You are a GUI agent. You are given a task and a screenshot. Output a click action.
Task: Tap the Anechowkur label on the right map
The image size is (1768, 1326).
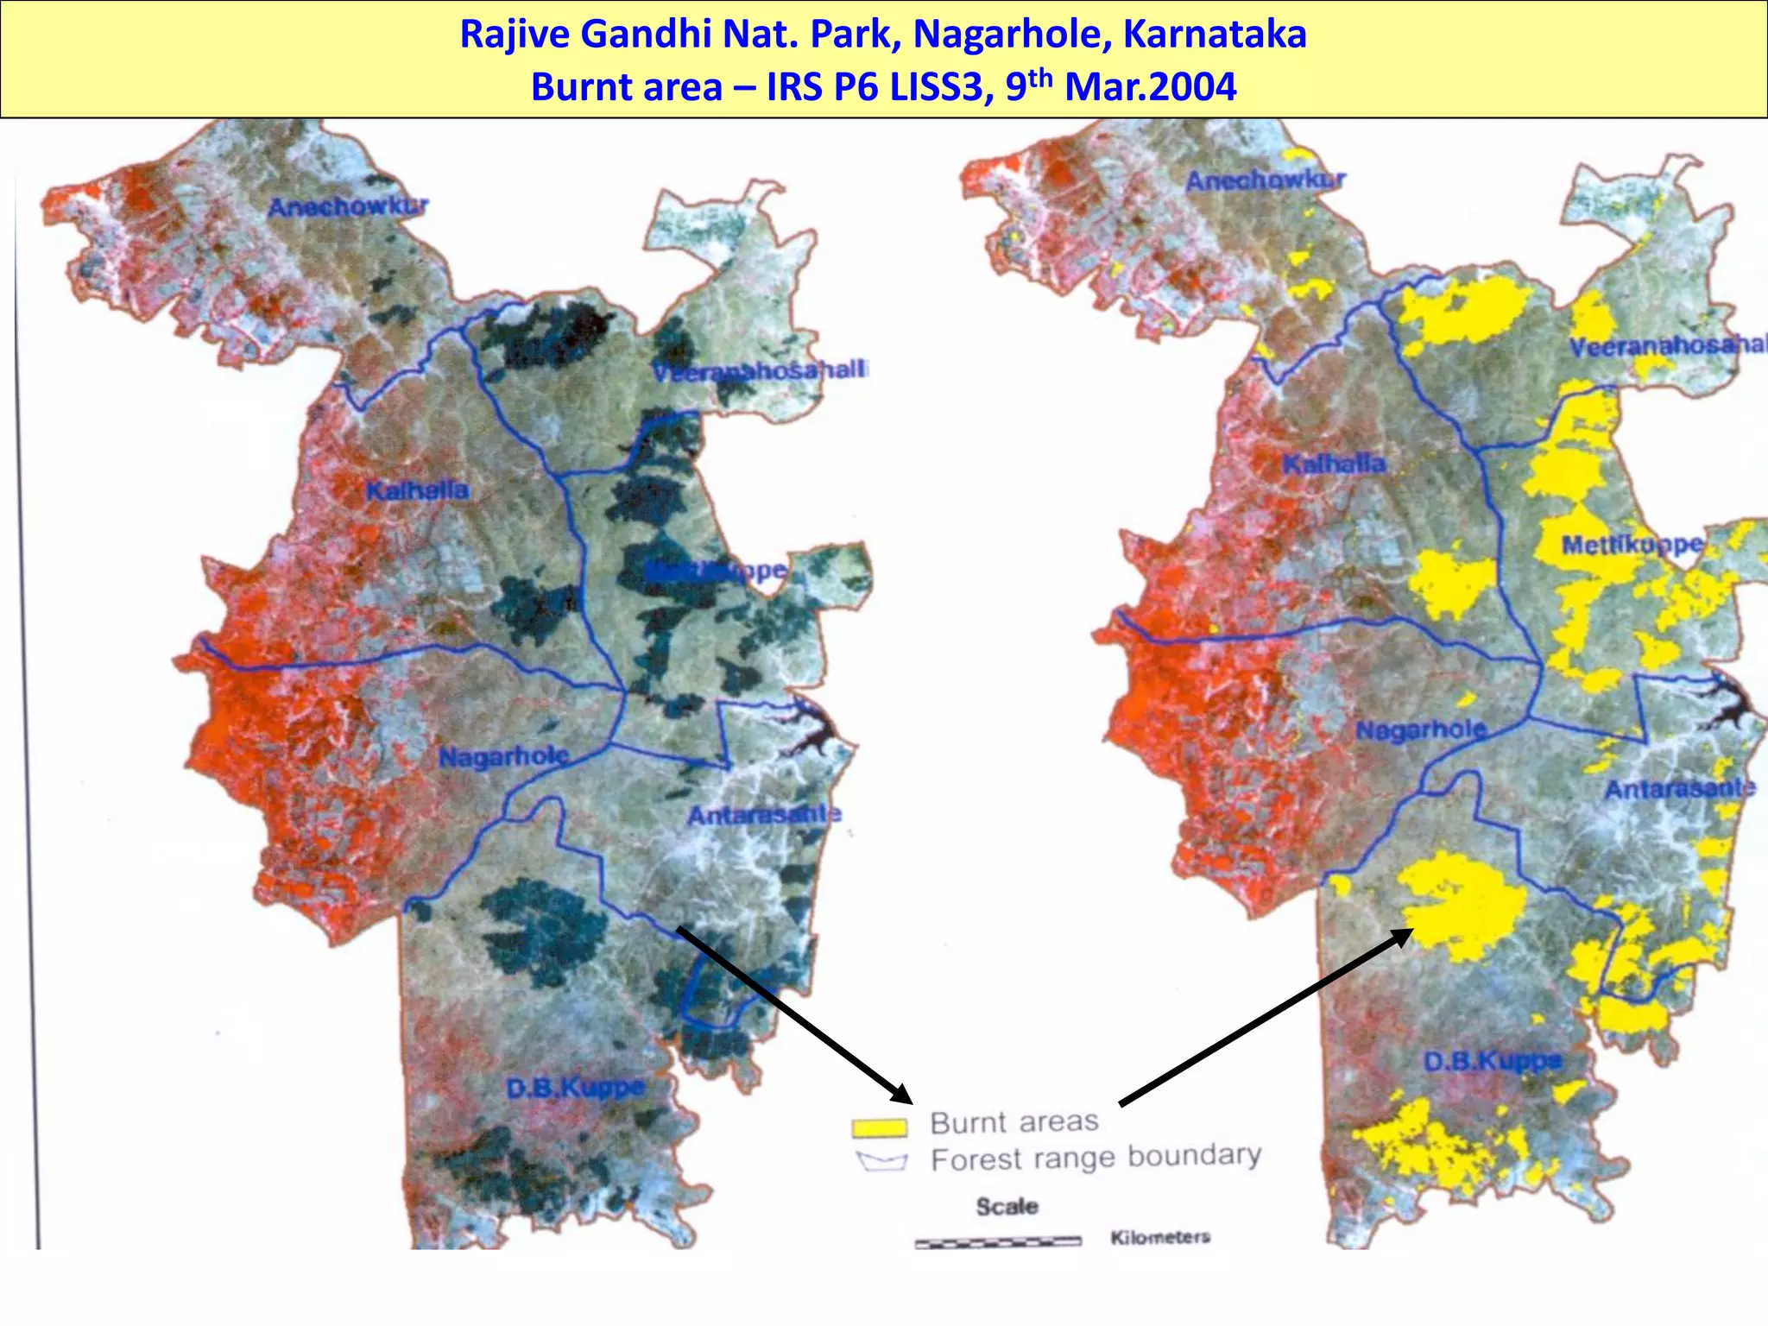(x=1266, y=180)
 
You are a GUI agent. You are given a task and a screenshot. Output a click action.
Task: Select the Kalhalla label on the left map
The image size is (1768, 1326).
(x=417, y=490)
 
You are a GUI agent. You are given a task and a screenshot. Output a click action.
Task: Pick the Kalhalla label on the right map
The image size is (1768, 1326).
(x=1334, y=464)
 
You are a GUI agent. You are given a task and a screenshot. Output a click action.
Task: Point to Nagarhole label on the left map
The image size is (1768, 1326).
(x=504, y=757)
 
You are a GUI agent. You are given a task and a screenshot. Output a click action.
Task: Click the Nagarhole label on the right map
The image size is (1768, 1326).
(x=1421, y=730)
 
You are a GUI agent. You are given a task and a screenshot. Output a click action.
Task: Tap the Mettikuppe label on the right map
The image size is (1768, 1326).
(x=1632, y=545)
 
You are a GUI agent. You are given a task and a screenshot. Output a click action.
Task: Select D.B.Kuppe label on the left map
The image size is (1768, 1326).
(x=575, y=1088)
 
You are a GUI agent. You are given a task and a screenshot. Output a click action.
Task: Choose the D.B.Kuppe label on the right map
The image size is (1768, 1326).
(x=1493, y=1061)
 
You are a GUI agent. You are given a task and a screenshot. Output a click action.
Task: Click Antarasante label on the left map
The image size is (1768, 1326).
(x=764, y=814)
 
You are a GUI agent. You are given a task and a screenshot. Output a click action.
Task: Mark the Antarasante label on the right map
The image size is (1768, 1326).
(x=1680, y=788)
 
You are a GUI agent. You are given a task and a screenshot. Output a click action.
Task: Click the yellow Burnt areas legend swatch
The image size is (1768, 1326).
(x=880, y=1127)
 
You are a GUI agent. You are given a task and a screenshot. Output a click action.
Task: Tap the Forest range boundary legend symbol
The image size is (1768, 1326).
(x=881, y=1162)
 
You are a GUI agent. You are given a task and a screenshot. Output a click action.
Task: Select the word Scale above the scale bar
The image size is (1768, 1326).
(x=1007, y=1206)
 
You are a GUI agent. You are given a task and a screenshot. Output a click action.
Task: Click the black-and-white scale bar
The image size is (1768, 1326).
(x=998, y=1242)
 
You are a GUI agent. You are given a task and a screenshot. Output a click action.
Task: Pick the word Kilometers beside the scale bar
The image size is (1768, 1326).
(x=1160, y=1237)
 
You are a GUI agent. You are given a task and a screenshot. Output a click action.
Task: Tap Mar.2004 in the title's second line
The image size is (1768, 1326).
(x=1150, y=87)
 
